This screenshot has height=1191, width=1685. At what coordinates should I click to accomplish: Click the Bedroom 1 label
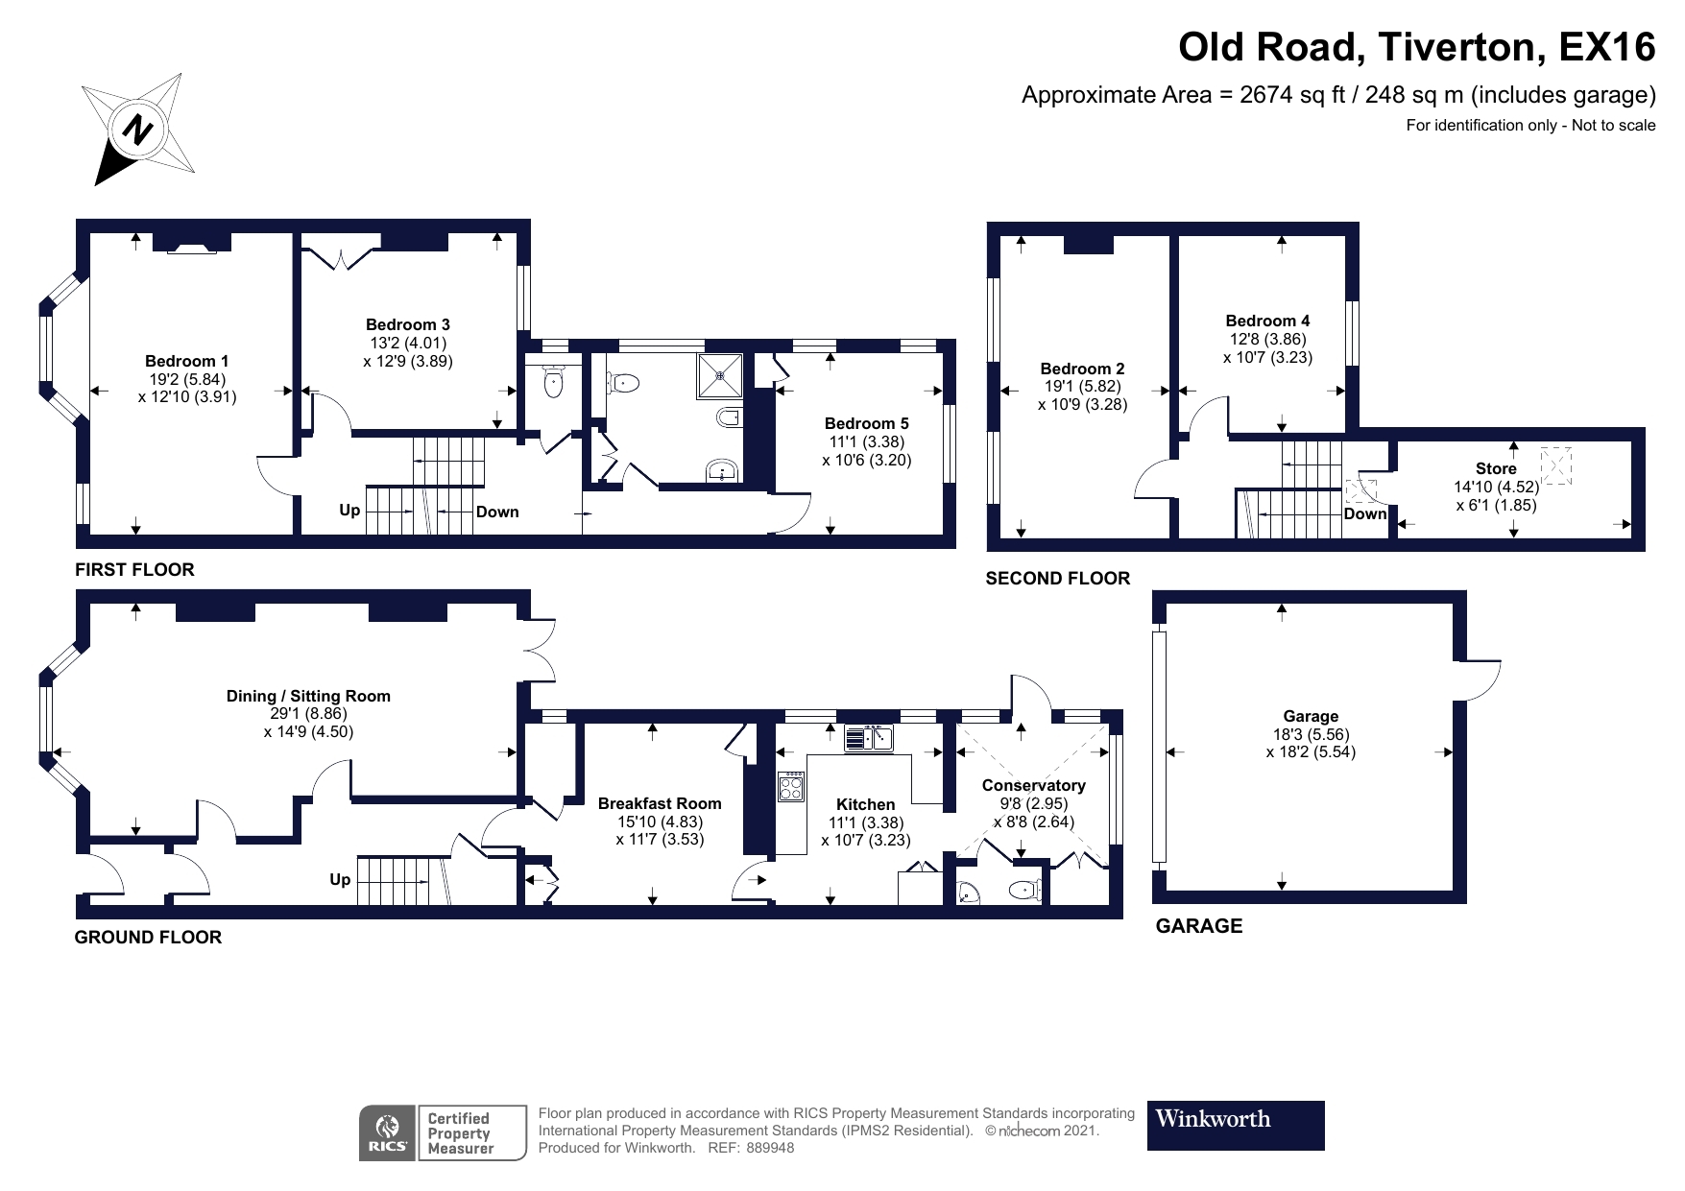186,361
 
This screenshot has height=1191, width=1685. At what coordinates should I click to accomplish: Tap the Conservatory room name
1033,785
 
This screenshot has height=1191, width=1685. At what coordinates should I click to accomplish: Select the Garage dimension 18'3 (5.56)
1311,734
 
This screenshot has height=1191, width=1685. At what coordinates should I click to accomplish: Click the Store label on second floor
1495,468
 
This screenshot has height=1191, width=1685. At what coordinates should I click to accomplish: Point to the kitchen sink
870,738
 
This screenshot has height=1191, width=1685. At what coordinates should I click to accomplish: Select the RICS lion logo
388,1132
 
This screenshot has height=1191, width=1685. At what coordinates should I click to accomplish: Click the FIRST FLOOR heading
134,569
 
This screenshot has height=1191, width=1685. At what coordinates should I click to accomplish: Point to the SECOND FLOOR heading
1057,578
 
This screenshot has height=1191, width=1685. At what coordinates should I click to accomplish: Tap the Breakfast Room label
659,803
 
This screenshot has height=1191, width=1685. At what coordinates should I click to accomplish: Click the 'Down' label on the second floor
1364,513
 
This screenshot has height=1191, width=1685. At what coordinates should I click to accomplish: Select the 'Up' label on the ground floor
340,879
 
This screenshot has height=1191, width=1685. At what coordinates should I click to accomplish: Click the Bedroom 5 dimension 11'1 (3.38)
866,441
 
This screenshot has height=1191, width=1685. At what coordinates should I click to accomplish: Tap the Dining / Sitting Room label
308,696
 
